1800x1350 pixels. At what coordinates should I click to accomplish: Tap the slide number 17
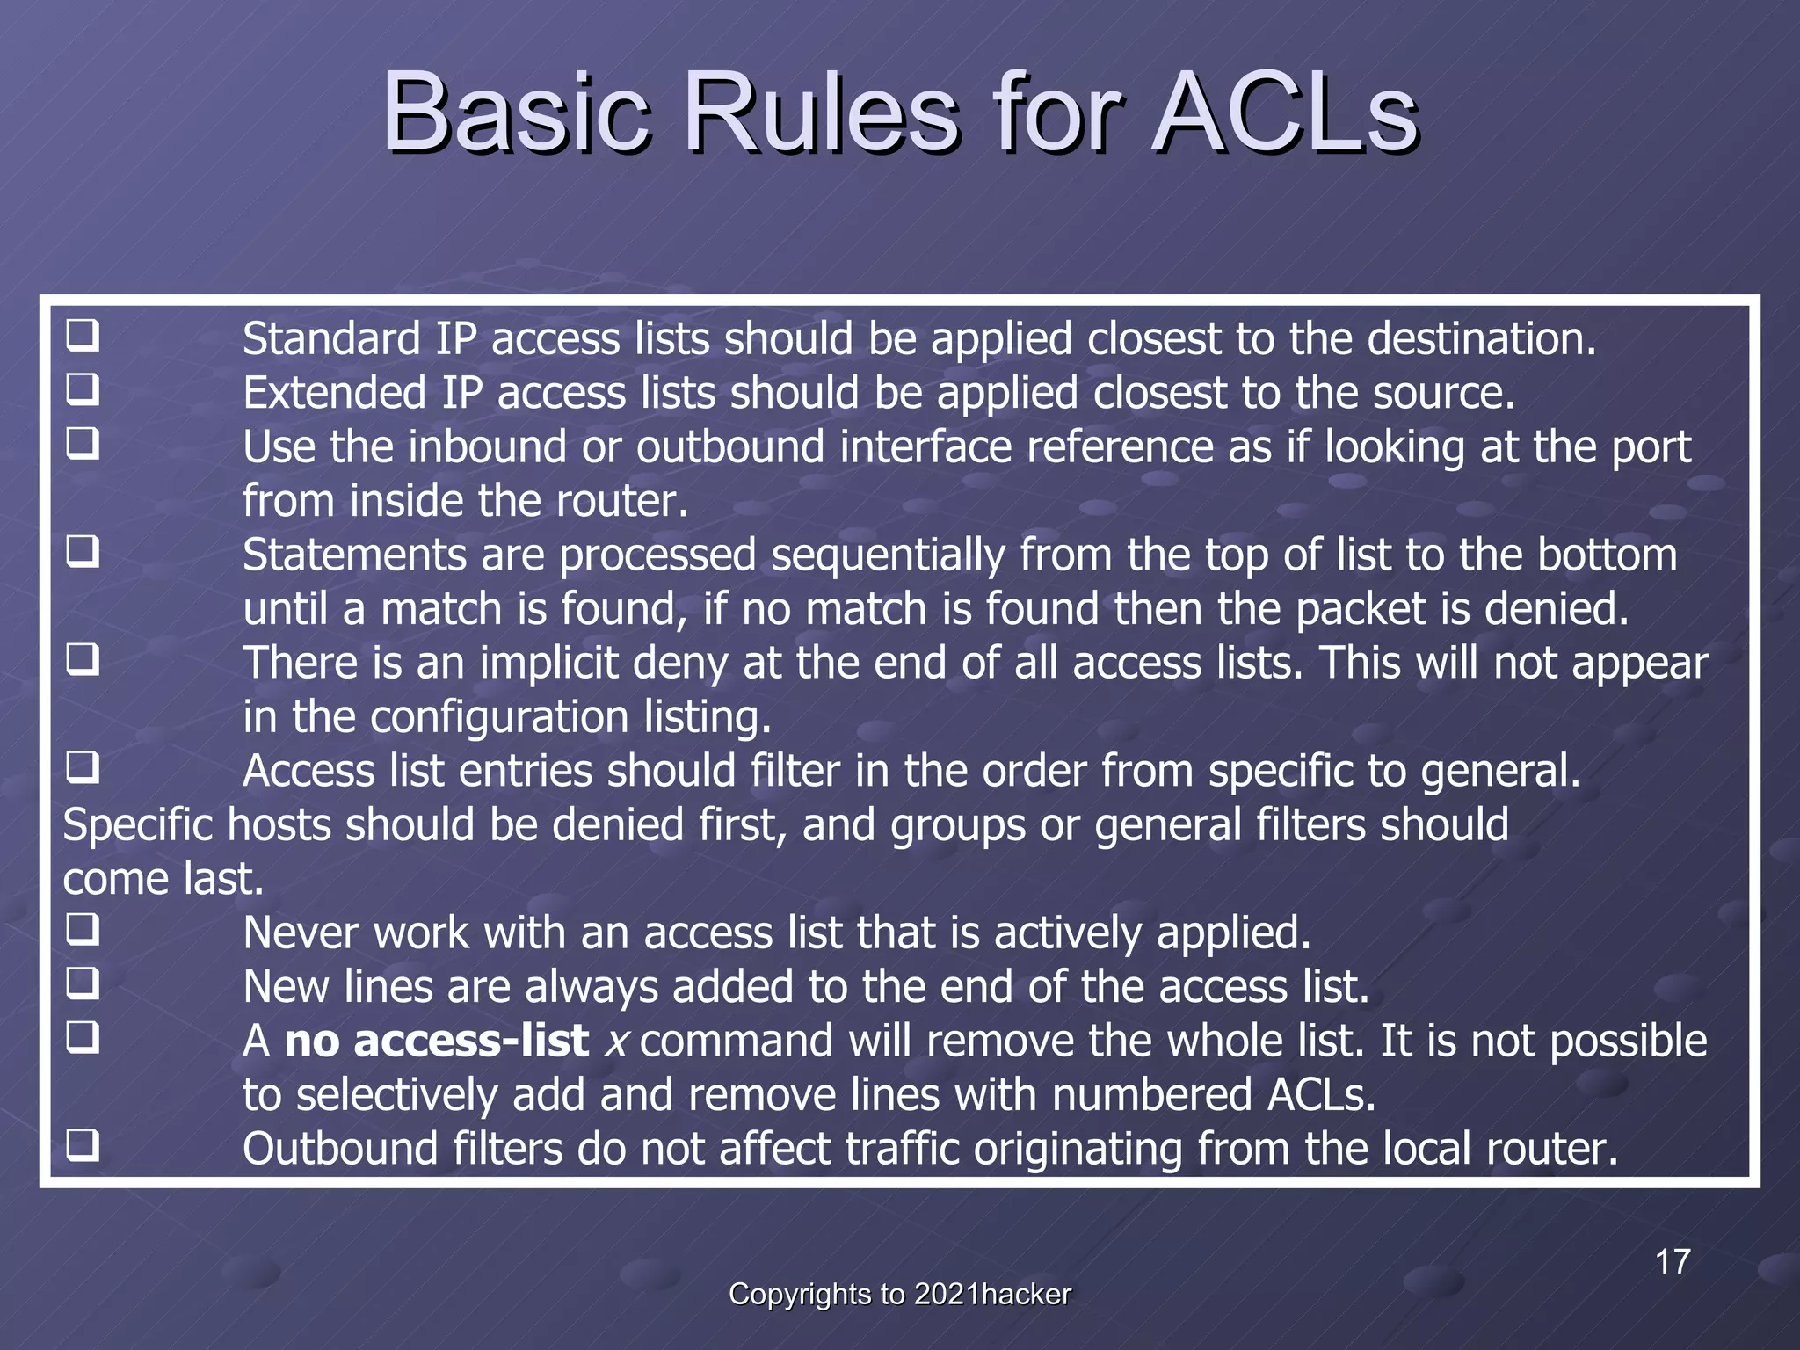(1673, 1262)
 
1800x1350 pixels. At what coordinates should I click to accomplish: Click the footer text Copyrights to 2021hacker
(900, 1295)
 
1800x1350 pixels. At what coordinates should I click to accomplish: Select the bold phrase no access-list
(436, 1042)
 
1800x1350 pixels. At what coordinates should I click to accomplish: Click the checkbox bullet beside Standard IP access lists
(83, 336)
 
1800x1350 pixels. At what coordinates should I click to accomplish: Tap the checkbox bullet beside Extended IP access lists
(83, 389)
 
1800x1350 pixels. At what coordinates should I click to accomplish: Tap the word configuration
(499, 718)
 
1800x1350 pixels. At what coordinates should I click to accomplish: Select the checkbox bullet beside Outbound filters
(83, 1145)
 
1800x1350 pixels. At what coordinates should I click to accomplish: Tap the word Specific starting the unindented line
(137, 826)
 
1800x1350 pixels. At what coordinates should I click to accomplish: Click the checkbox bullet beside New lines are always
(83, 983)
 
